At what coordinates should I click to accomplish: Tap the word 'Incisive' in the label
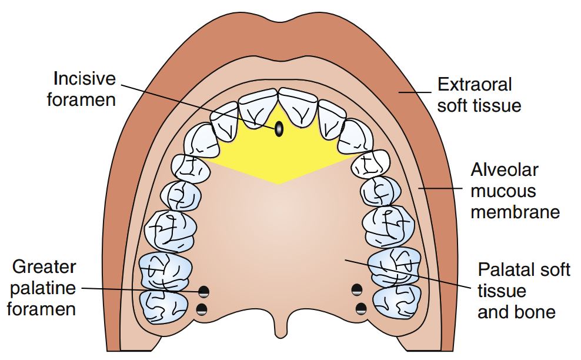(x=85, y=78)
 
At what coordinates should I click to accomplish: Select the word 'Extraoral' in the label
(x=475, y=85)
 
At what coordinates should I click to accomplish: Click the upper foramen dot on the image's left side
(x=204, y=291)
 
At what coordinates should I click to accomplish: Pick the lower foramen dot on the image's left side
(x=202, y=309)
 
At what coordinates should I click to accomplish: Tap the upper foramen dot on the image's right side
(x=356, y=289)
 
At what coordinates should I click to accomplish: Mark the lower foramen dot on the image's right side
(x=361, y=308)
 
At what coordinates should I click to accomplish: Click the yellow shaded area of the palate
(x=276, y=156)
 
